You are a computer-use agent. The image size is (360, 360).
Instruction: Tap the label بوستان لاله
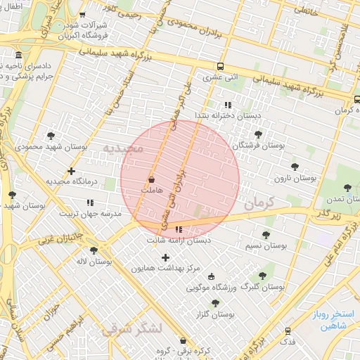[94, 262]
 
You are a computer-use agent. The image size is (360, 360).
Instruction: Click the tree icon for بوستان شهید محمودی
[51, 136]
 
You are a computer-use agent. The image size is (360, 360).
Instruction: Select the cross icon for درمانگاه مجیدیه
[71, 171]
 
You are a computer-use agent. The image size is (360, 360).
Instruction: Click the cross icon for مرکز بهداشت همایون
[166, 258]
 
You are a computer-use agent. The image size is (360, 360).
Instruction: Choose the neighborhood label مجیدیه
[124, 148]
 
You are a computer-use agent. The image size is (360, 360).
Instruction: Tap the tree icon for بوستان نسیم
[266, 236]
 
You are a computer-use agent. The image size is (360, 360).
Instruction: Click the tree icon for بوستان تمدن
[347, 188]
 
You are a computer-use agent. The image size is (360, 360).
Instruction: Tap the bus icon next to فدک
[288, 330]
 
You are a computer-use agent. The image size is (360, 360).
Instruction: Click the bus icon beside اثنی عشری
[221, 67]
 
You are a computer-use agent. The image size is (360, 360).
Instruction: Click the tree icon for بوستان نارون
[295, 167]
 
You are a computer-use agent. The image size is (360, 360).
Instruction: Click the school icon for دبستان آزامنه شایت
[179, 229]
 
